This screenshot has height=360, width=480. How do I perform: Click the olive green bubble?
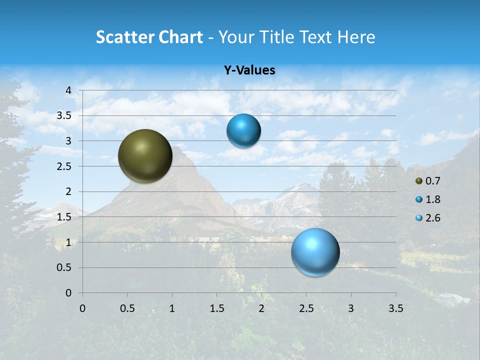pos(145,156)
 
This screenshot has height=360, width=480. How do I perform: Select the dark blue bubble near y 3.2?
pos(243,131)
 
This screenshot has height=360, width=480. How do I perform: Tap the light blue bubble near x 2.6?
pos(315,252)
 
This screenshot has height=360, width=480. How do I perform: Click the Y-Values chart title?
pos(249,70)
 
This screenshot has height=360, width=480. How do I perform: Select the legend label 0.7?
pos(433,181)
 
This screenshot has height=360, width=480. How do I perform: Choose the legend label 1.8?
pos(433,199)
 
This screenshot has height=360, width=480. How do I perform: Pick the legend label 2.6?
pos(433,218)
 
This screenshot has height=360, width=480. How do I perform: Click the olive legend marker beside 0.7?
pos(419,181)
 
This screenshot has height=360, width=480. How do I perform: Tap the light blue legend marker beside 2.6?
pos(419,218)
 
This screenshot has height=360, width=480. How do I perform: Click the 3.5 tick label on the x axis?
pos(395,308)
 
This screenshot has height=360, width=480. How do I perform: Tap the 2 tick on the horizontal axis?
pos(261,308)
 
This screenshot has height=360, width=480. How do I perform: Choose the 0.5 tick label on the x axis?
pos(127,308)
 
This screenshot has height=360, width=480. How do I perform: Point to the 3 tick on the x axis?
pos(351,308)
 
